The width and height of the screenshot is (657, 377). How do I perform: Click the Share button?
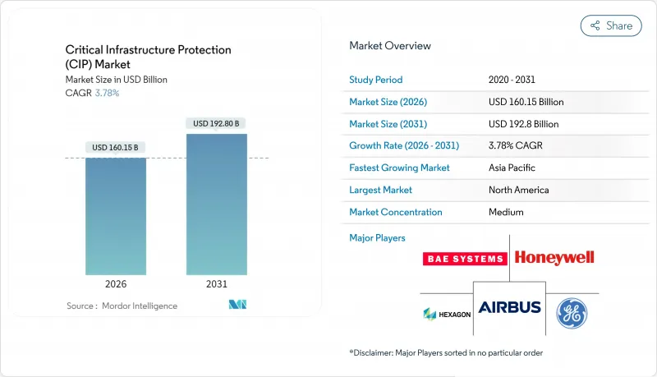coord(611,25)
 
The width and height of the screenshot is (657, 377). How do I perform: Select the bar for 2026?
coord(116,217)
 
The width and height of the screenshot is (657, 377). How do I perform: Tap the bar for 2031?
coord(216,205)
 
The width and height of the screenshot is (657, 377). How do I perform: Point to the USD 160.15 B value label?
coord(116,148)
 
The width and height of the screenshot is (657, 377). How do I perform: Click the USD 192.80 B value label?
coord(216,123)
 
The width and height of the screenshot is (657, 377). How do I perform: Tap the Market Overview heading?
coord(389,46)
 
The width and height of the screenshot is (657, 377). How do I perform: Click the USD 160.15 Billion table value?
coord(526,102)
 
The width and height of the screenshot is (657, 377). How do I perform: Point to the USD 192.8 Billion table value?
coord(523,124)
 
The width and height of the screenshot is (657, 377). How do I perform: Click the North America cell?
coord(518,190)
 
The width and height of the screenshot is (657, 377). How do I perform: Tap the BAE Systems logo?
coord(464,259)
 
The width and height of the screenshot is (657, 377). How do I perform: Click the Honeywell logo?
coord(554,257)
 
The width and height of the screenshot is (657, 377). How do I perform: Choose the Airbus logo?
coord(510,307)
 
